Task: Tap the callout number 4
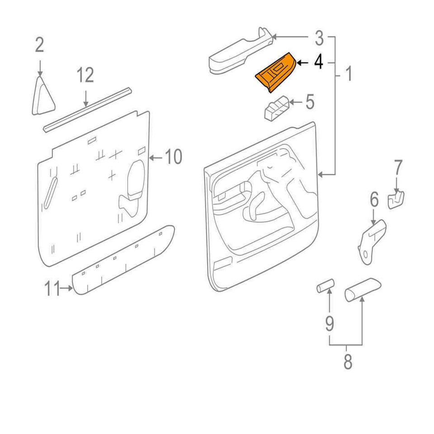[x=319, y=62]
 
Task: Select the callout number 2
[x=40, y=45]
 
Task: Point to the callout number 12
[x=85, y=75]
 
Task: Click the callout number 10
[x=173, y=157]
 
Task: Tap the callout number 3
[x=319, y=38]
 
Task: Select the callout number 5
[x=310, y=102]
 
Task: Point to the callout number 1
[x=349, y=75]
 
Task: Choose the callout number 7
[x=398, y=168]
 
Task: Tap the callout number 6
[x=374, y=199]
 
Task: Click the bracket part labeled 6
[x=372, y=240]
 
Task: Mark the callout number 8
[x=347, y=362]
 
